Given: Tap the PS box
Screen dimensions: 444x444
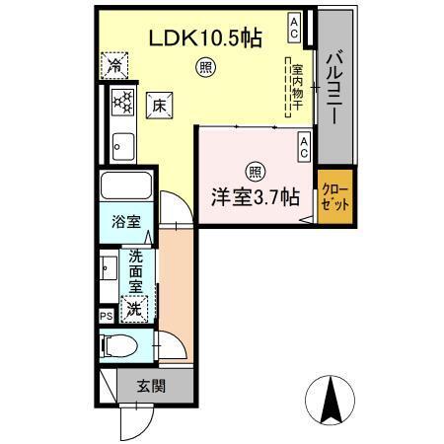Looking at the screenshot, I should [106, 316].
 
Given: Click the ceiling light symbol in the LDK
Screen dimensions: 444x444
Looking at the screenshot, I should [205, 67].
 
